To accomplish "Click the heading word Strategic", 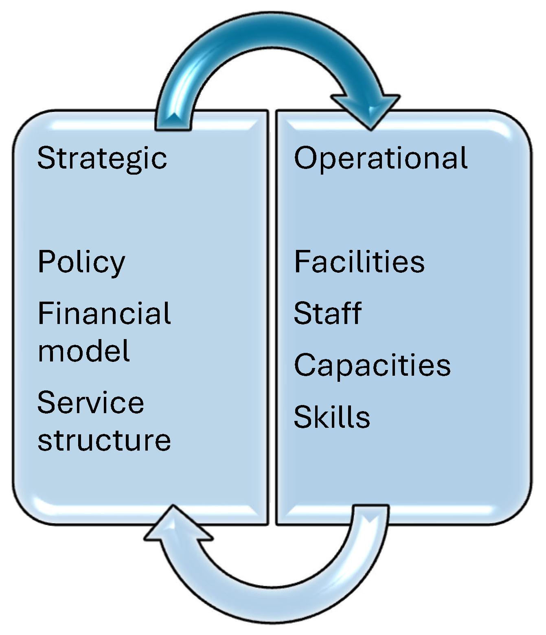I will click(x=102, y=159).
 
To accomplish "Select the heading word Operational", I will click(x=381, y=159).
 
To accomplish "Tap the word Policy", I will click(x=81, y=263).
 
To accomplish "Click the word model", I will click(x=84, y=351).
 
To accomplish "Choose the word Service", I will click(x=91, y=403).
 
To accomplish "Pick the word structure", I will click(x=104, y=440).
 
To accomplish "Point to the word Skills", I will click(x=332, y=417).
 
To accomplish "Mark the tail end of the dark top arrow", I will click(x=173, y=122).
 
